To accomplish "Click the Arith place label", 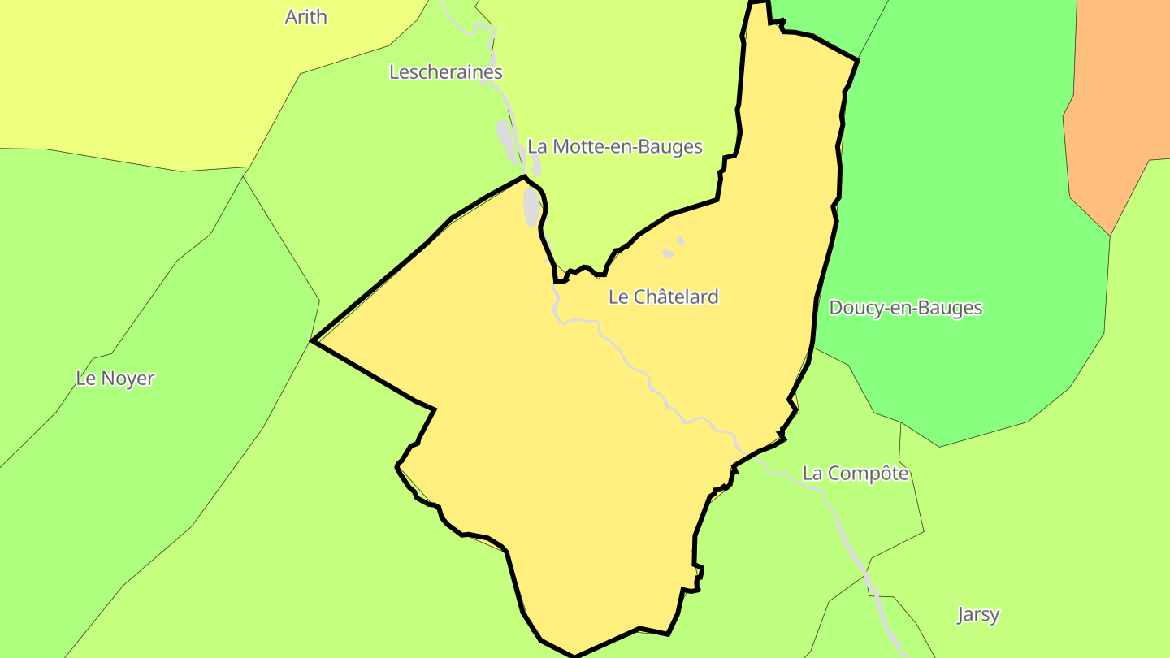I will point(306,17).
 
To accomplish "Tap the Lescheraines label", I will point(446,72).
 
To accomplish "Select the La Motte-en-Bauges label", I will point(615,147).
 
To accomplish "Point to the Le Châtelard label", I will point(663,297).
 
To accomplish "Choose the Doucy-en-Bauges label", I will point(905,309).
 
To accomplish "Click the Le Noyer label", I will point(115,379).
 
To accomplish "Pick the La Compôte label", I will point(855,474).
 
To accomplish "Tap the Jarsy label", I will point(977,615).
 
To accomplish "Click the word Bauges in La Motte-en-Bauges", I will point(671,147).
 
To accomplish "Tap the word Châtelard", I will point(675,297).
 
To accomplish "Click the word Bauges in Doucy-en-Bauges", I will point(951,309).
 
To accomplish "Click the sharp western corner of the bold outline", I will point(313,341).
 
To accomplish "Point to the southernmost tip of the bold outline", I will point(574,656).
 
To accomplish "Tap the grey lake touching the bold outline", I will point(531,207).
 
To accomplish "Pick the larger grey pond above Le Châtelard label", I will point(668,253).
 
